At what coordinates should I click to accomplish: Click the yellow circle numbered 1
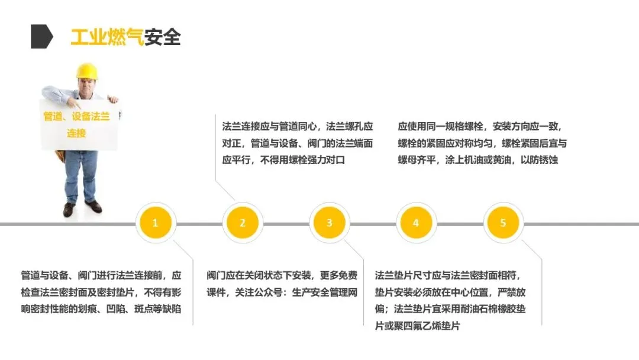click(x=155, y=223)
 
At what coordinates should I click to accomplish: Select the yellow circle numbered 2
click(x=242, y=223)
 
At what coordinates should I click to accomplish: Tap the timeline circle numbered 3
click(x=329, y=223)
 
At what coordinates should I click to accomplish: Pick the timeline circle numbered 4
click(x=415, y=223)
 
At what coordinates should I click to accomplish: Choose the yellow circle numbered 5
click(x=503, y=223)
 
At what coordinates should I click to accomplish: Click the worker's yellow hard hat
click(x=86, y=71)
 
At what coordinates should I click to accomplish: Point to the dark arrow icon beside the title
click(x=41, y=37)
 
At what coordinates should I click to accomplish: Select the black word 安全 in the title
click(x=162, y=37)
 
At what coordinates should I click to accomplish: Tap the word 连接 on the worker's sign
click(x=76, y=133)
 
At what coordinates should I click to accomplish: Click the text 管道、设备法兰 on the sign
click(x=77, y=117)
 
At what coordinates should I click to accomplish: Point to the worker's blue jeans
click(x=80, y=175)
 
